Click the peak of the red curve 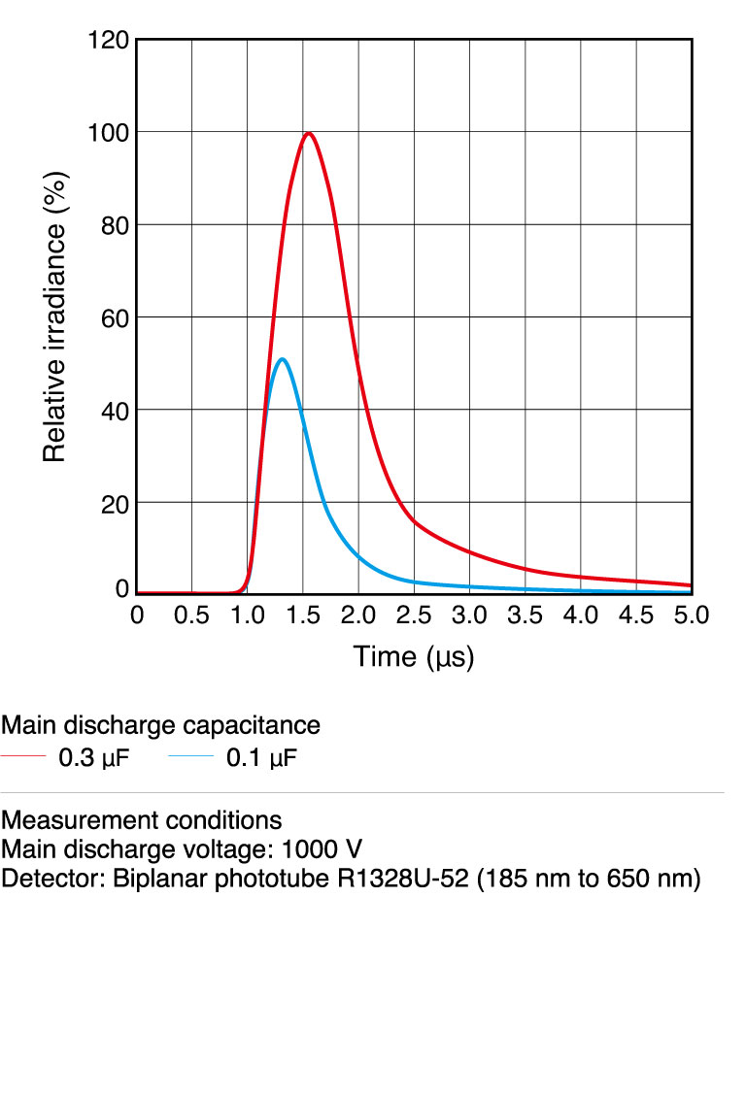[x=308, y=133]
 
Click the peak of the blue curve [x=282, y=359]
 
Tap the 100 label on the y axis [x=109, y=132]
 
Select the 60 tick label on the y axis [x=115, y=317]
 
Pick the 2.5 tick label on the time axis [x=414, y=615]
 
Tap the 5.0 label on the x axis [x=692, y=615]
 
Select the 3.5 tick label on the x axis [x=526, y=615]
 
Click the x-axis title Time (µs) [x=414, y=657]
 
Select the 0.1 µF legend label [x=261, y=758]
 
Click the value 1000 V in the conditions [x=322, y=850]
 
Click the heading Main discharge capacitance [x=160, y=725]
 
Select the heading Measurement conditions [x=142, y=820]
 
